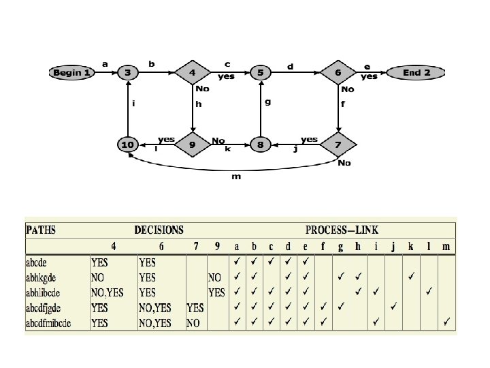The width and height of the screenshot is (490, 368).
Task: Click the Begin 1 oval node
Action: click(x=71, y=72)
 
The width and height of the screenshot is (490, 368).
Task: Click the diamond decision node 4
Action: click(x=193, y=72)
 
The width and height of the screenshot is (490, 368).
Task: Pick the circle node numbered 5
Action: click(x=259, y=72)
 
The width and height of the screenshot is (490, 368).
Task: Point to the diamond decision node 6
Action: click(x=338, y=72)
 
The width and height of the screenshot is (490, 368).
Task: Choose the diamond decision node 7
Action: click(x=338, y=144)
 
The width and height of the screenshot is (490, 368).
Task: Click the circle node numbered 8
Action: click(x=259, y=144)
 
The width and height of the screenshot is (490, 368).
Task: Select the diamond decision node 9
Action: click(x=193, y=144)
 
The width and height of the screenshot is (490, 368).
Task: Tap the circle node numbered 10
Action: click(x=127, y=144)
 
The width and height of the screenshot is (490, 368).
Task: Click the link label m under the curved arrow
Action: click(x=236, y=177)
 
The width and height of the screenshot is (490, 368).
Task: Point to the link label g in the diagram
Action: click(x=267, y=102)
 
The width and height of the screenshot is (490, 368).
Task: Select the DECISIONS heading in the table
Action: click(x=159, y=230)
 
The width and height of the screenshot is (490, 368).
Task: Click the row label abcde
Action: click(x=42, y=262)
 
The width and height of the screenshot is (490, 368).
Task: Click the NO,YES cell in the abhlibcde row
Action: click(x=107, y=292)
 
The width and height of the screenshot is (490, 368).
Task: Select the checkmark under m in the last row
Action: click(x=446, y=322)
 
